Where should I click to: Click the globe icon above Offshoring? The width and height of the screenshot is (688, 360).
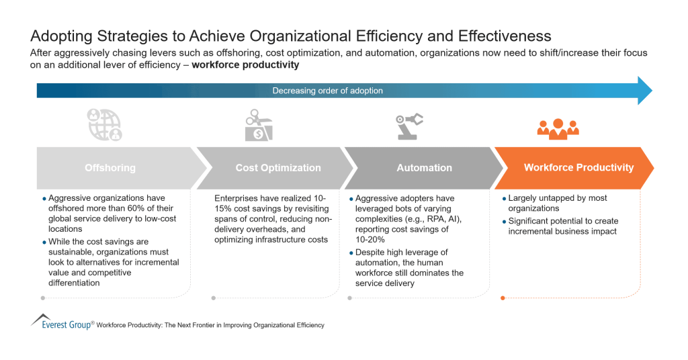[x=105, y=126]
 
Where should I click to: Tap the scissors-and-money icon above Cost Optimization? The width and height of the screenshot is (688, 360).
[x=259, y=126]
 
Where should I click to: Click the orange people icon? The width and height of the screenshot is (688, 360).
[x=558, y=128]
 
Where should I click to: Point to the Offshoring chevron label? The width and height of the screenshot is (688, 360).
[x=110, y=168]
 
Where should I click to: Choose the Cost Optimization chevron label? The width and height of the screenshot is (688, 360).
[x=278, y=168]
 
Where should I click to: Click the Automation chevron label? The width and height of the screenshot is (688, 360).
[x=424, y=168]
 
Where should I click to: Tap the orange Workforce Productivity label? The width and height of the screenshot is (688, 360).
[x=578, y=167]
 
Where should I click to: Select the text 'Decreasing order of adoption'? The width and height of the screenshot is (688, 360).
[x=327, y=91]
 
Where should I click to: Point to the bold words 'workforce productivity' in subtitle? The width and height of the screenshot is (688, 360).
[x=245, y=65]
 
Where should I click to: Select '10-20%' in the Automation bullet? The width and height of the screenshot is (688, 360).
[x=370, y=240]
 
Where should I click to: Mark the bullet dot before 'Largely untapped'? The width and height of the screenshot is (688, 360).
[x=504, y=199]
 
